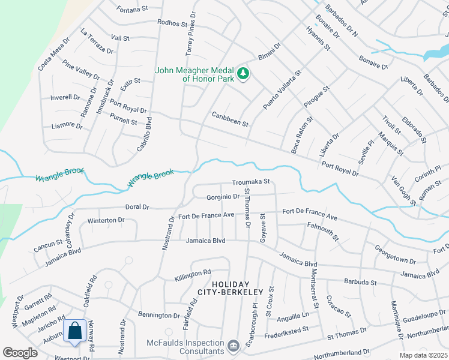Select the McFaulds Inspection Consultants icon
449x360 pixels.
click(233, 346)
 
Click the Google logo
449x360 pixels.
click(20, 353)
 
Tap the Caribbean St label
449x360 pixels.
click(230, 119)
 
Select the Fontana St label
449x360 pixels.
click(133, 9)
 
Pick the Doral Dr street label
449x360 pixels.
click(137, 207)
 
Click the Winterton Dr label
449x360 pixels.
click(106, 220)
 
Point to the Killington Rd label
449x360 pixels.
click(193, 274)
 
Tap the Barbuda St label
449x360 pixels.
click(360, 281)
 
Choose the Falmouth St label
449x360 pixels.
click(324, 231)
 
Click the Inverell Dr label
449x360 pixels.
click(65, 97)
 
